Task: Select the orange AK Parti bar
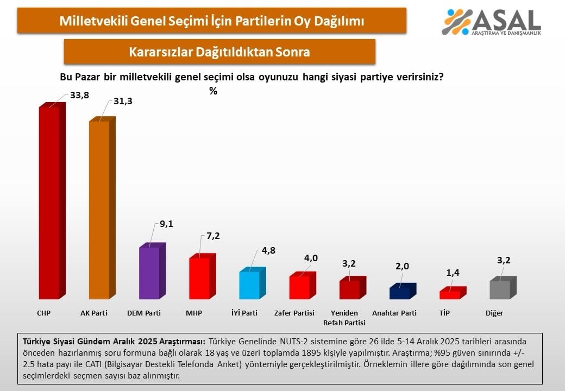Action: coord(99,209)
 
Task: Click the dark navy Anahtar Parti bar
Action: coord(400,292)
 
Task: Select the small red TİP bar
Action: coord(450,294)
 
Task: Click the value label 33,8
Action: coord(79,96)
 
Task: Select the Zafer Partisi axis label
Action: coord(294,313)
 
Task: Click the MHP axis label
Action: coord(194,313)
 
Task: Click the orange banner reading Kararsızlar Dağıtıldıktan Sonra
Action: coord(219,52)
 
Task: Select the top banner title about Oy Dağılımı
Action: coord(211,21)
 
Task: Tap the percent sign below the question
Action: coord(213,91)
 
